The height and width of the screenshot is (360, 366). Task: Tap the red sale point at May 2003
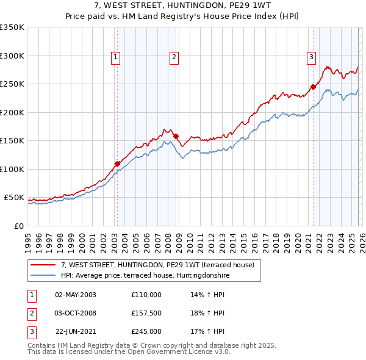117,164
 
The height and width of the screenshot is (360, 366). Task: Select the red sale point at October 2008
176,137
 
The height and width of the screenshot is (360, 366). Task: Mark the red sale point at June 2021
313,87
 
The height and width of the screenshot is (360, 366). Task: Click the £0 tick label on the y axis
18,226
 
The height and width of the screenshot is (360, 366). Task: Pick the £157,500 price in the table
146,313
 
